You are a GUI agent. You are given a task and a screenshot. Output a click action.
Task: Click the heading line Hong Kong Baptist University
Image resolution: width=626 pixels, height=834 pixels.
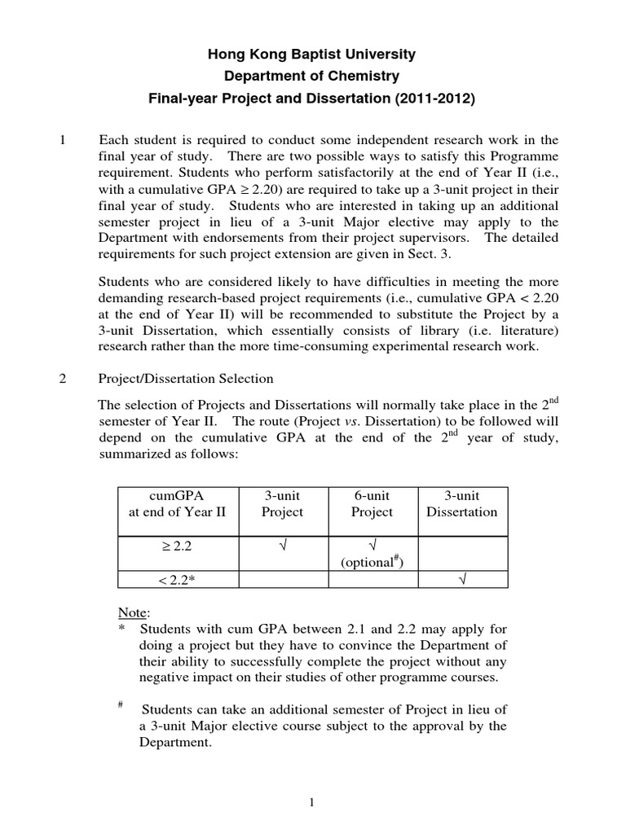tap(312, 55)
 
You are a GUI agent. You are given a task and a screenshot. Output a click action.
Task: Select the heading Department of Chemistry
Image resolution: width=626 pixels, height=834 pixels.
tap(312, 77)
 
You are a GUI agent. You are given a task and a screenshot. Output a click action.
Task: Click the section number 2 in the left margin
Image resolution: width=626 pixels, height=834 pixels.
tap(64, 379)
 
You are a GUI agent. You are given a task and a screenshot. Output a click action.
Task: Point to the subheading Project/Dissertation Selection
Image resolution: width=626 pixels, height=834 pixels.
tap(186, 379)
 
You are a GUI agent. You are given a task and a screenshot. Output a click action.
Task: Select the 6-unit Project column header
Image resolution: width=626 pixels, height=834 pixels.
tap(372, 503)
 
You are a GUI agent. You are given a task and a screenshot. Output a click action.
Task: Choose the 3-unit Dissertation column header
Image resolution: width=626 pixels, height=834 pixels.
tap(461, 503)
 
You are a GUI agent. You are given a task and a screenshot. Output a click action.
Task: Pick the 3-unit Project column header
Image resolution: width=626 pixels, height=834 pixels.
tap(282, 503)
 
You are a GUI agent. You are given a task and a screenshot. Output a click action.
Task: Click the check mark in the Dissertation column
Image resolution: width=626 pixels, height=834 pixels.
tap(461, 579)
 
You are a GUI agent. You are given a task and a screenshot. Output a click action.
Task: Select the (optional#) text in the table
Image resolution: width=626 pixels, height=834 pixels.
tap(372, 562)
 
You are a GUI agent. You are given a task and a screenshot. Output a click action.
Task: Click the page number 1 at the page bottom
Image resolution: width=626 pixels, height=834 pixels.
tap(312, 802)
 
